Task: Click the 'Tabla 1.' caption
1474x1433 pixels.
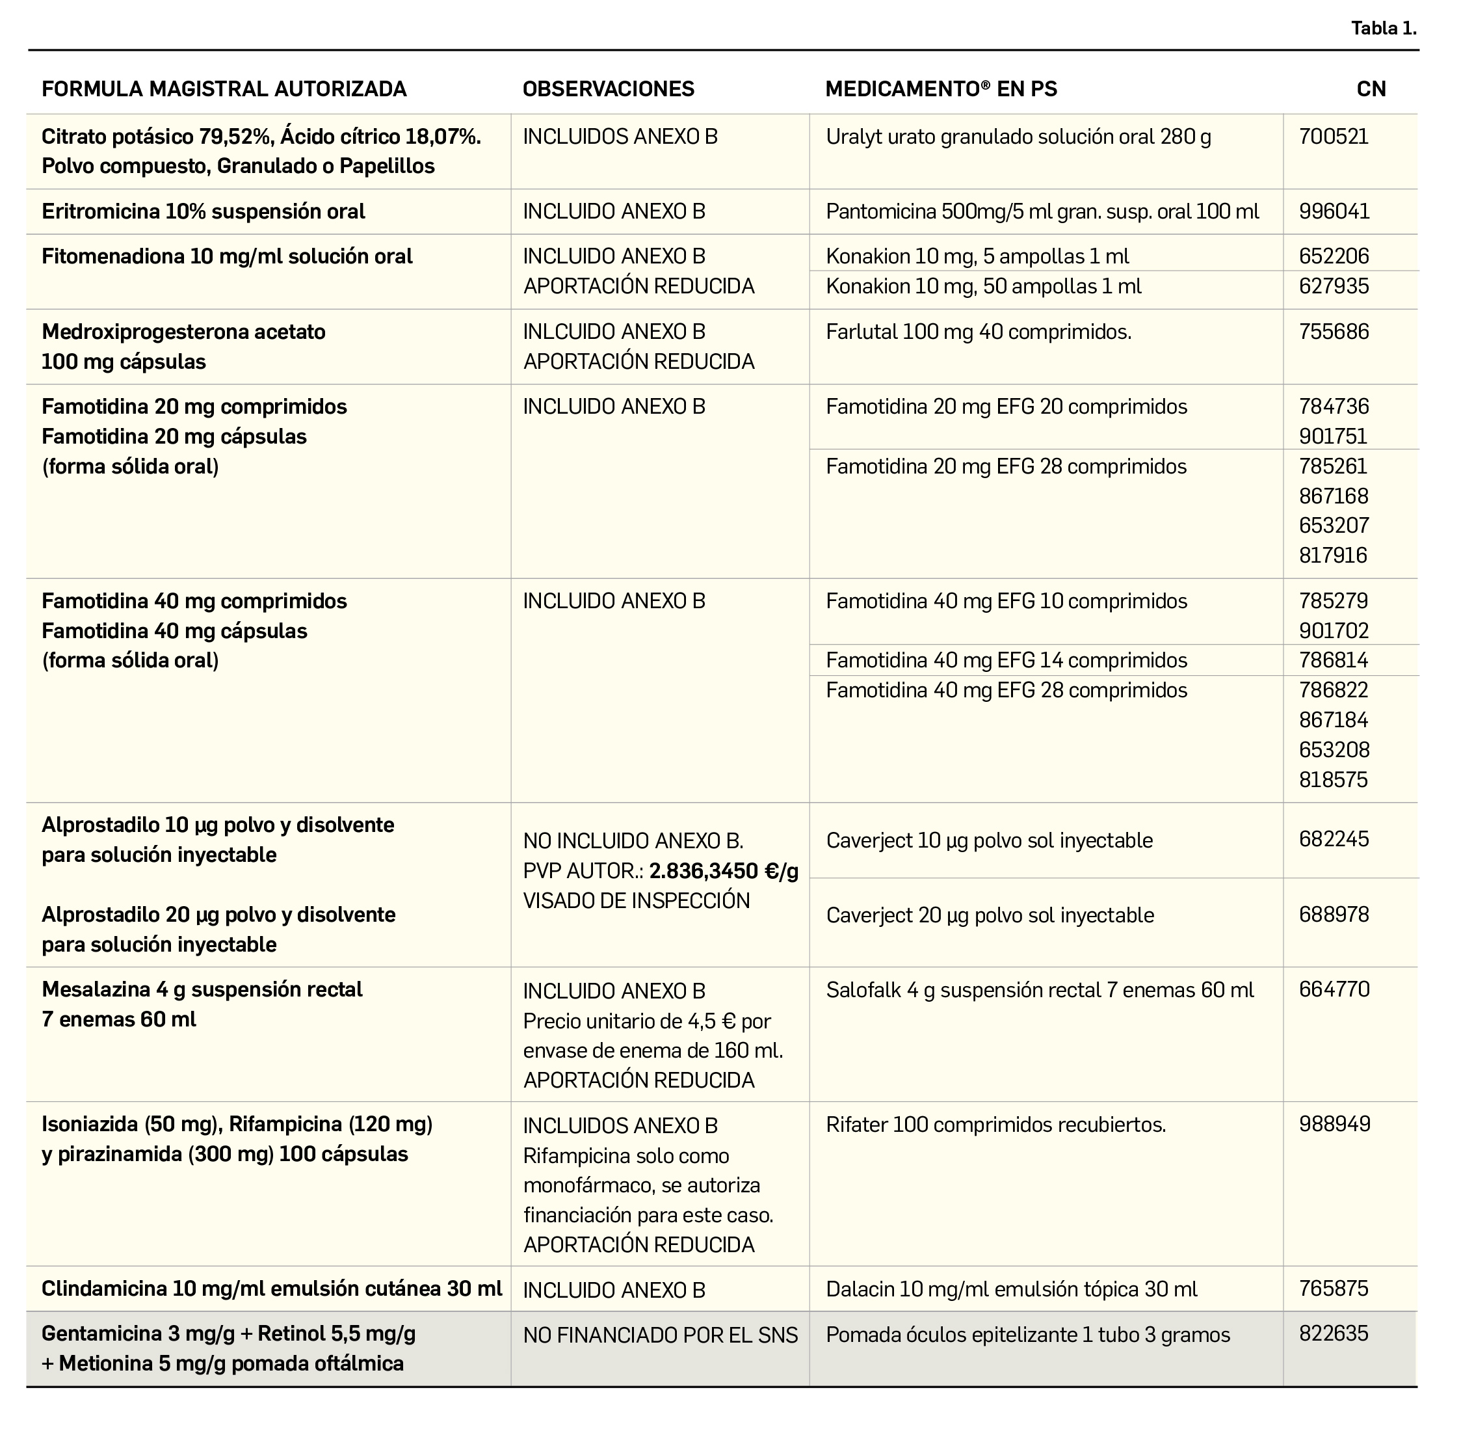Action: click(x=1383, y=29)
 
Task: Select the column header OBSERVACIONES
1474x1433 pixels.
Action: click(x=608, y=89)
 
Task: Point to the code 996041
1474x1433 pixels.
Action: click(x=1334, y=211)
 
